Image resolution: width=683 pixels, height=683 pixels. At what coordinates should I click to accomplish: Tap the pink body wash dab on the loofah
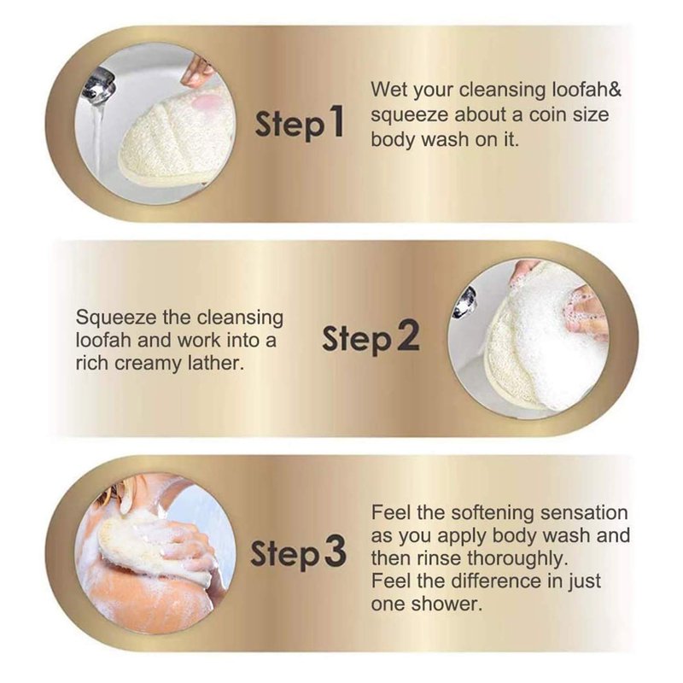tap(204, 104)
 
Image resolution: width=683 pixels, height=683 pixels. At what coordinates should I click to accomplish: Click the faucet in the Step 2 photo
tap(464, 302)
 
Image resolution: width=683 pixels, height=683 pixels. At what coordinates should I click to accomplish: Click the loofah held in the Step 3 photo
tap(153, 545)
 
